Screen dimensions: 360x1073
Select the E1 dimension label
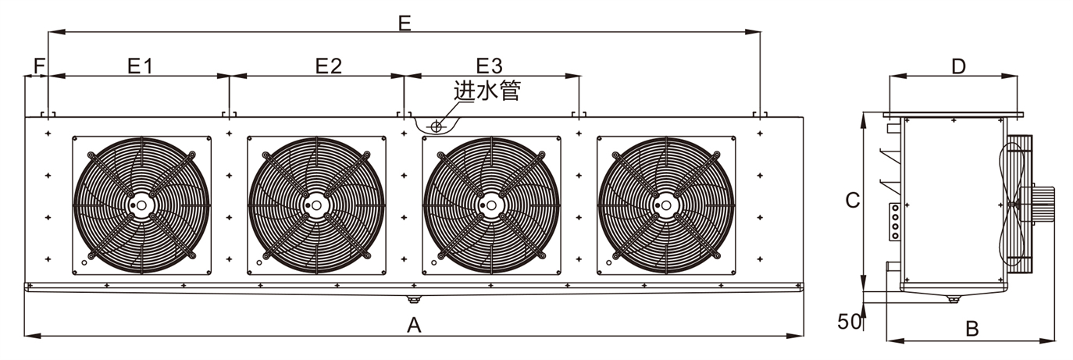(x=140, y=66)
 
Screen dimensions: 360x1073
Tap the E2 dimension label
(x=329, y=66)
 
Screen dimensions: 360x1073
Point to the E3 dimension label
(x=490, y=66)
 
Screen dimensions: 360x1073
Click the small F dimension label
(x=36, y=66)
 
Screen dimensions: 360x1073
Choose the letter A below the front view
(x=415, y=325)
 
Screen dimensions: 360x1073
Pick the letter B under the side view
(x=971, y=329)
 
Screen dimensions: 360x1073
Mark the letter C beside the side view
(x=853, y=201)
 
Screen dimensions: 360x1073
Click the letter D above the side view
(x=958, y=66)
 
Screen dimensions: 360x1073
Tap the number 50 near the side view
(x=848, y=321)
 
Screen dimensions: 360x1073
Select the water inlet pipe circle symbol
(x=437, y=125)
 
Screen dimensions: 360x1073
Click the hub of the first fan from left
(x=141, y=205)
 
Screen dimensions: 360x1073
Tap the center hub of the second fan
(x=316, y=205)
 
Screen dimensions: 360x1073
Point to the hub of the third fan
(x=491, y=205)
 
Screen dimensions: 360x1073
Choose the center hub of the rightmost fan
(x=666, y=205)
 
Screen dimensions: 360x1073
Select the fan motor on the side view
(x=1042, y=202)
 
